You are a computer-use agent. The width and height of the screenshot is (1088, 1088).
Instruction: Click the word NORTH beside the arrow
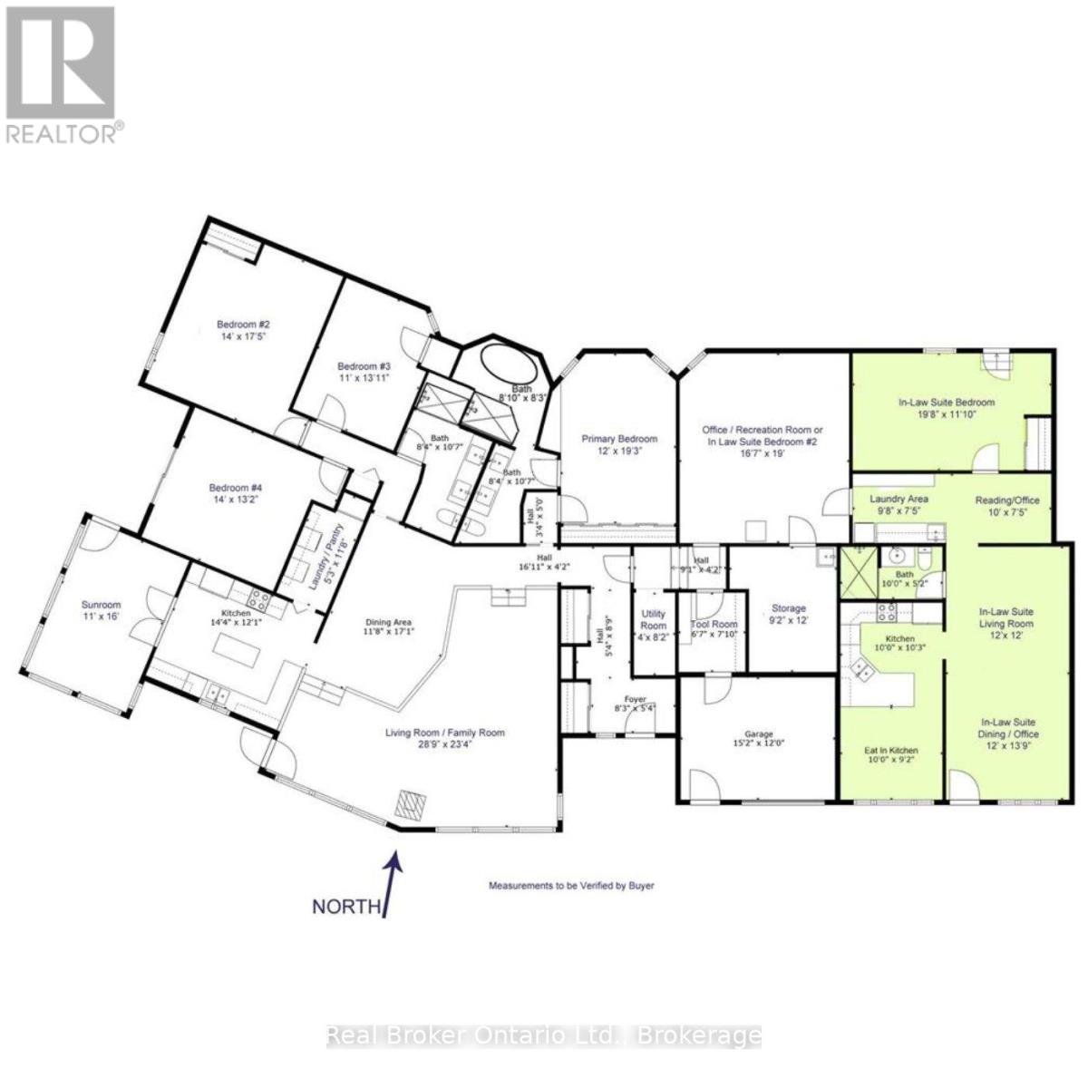point(345,906)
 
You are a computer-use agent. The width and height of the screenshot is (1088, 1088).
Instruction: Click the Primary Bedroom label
point(619,439)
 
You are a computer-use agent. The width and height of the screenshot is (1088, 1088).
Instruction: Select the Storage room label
point(789,608)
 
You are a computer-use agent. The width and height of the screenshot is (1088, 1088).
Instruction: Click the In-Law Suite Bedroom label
point(946,403)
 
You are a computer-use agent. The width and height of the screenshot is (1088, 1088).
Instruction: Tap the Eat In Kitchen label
point(890,751)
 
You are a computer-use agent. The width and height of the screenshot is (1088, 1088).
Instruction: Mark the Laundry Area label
point(898,500)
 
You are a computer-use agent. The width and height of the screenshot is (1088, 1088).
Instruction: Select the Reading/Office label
point(1006,500)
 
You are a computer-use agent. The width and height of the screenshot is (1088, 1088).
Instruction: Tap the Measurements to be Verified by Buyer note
point(571,885)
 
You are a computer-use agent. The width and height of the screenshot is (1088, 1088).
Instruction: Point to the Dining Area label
point(389,622)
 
